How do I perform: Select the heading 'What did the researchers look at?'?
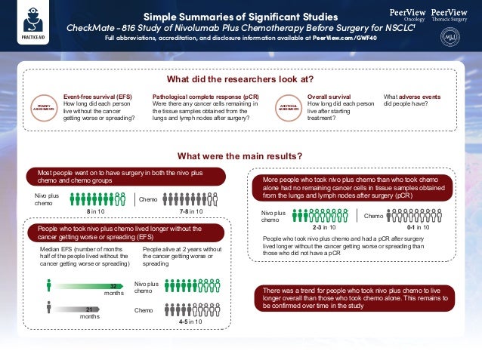click(240, 79)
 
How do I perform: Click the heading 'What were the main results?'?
click(240, 156)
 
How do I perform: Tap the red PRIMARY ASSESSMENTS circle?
click(43, 108)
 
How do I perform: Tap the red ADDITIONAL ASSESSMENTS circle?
click(289, 108)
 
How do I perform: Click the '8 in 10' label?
click(95, 213)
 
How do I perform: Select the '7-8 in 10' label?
click(191, 213)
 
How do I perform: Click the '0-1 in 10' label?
click(418, 227)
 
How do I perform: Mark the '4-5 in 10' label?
click(190, 322)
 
